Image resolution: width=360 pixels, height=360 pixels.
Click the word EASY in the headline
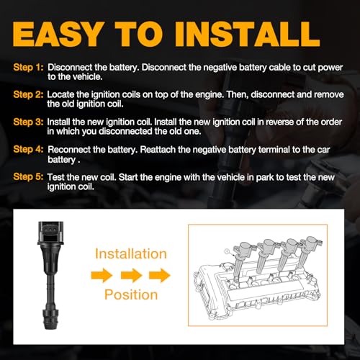click(x=57, y=34)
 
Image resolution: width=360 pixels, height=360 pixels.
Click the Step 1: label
click(x=28, y=68)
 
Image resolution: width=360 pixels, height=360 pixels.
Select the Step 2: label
click(x=28, y=94)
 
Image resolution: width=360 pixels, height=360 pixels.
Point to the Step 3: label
click(x=28, y=122)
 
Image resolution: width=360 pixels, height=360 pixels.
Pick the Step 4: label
click(x=28, y=149)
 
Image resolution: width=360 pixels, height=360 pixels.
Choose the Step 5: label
click(x=28, y=176)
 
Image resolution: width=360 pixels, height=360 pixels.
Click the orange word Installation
click(x=131, y=253)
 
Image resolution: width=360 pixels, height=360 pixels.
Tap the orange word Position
click(x=131, y=294)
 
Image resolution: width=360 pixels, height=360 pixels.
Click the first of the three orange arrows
click(x=102, y=275)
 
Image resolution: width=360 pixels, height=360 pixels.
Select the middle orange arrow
click(x=131, y=275)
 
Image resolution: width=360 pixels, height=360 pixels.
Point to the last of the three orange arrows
click(x=160, y=275)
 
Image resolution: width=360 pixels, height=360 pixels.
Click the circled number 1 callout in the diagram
click(x=227, y=251)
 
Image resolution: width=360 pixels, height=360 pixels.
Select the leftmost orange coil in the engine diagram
click(x=241, y=259)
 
